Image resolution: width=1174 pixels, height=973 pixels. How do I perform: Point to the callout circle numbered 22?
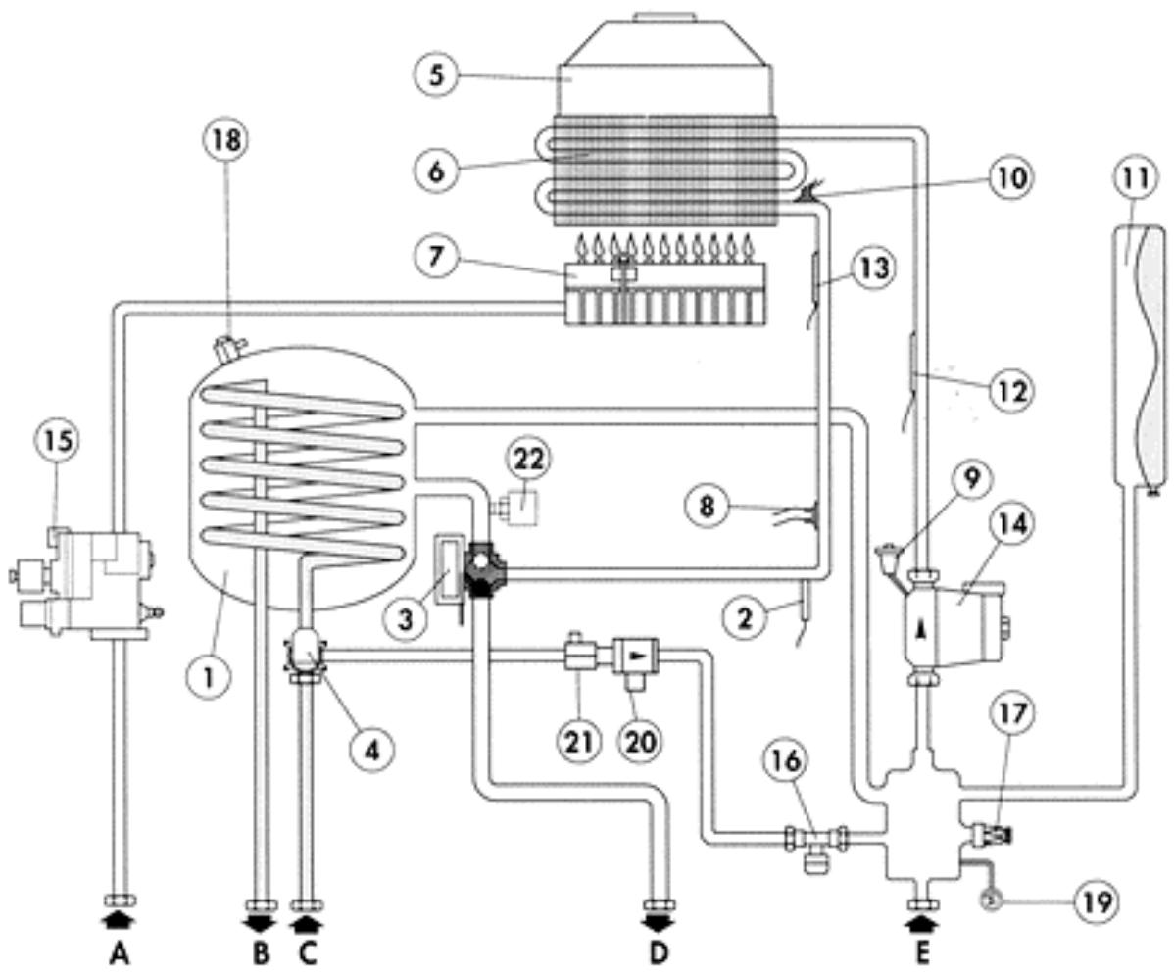click(530, 458)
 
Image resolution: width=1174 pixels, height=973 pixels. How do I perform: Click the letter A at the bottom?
click(120, 952)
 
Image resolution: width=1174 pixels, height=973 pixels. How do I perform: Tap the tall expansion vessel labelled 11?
click(1142, 353)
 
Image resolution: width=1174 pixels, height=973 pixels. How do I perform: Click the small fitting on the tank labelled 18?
click(228, 346)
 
